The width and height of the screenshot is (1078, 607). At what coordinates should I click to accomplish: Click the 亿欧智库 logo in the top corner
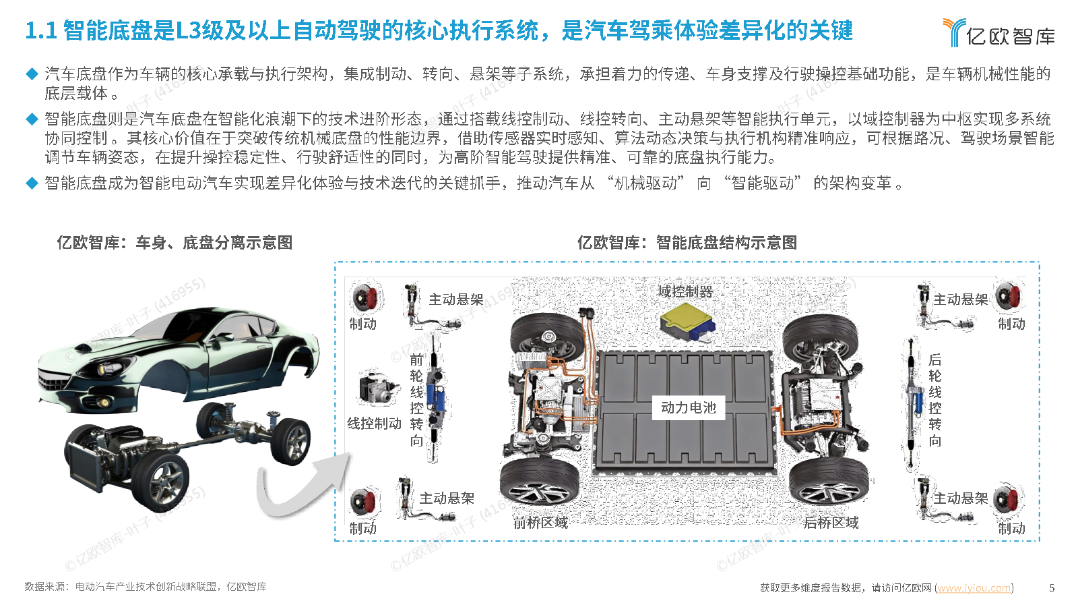(998, 32)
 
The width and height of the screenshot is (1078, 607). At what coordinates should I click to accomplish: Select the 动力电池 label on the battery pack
(688, 407)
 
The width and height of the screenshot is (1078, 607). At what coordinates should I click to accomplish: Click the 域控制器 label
(685, 291)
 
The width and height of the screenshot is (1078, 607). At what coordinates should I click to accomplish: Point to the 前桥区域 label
(540, 523)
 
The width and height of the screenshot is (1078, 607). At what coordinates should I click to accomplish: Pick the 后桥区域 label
(831, 523)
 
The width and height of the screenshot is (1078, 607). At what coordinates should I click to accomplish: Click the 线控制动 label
(374, 424)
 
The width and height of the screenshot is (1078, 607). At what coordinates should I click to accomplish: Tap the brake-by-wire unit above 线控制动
(379, 388)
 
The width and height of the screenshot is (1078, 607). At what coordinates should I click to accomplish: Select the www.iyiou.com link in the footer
(974, 587)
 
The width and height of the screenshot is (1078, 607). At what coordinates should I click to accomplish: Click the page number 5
(1052, 587)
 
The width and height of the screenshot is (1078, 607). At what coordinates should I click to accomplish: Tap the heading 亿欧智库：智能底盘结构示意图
(687, 242)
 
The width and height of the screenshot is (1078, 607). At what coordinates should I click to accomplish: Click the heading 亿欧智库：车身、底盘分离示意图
(175, 242)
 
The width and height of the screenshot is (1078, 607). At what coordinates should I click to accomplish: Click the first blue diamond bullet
(32, 74)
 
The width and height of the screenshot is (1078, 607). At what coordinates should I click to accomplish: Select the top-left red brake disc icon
(367, 297)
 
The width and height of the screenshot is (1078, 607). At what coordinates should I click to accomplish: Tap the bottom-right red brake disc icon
(1009, 499)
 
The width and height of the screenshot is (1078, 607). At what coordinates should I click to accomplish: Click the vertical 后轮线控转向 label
(934, 400)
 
